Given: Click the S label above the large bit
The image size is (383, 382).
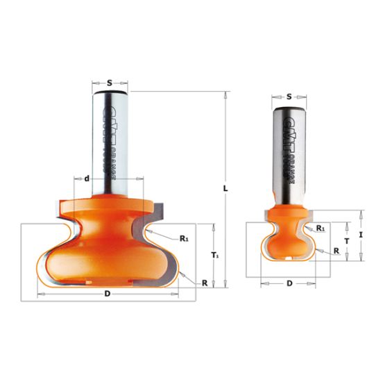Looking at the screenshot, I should pos(110,72).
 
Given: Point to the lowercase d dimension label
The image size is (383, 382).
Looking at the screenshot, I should pos(86,179).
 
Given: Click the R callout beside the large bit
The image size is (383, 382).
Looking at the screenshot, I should pos(205,283).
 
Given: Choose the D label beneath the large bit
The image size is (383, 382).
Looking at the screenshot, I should pos(108,294).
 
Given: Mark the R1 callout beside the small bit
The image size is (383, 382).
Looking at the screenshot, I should pos(321,228).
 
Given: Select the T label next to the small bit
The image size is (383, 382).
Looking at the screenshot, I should pos(346,240).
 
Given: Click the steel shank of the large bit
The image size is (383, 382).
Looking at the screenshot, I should pos(110,139).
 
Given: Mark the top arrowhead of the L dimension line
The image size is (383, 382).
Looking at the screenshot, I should pos(227,94).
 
